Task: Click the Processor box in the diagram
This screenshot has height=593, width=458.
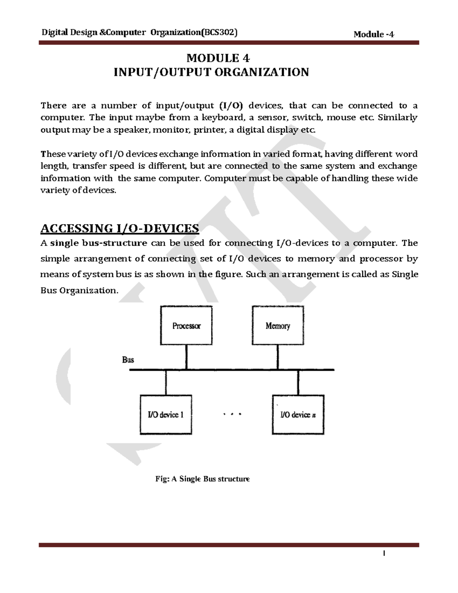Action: pos(186,326)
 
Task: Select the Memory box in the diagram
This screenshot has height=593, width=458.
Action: pos(278,326)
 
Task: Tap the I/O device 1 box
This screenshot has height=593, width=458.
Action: pos(166,415)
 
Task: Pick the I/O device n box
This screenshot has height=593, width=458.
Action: pos(298,415)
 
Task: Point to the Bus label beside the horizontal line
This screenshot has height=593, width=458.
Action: pos(128,360)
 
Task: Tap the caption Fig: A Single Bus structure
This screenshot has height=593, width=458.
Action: pos(202,479)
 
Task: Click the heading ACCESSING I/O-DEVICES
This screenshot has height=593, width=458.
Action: pos(119,229)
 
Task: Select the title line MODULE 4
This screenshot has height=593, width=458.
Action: pos(218,58)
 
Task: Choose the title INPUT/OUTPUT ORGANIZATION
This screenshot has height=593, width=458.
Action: pos(211,72)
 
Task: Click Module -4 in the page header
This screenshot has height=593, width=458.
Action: pos(374,34)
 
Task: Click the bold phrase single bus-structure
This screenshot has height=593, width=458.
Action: pos(98,243)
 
